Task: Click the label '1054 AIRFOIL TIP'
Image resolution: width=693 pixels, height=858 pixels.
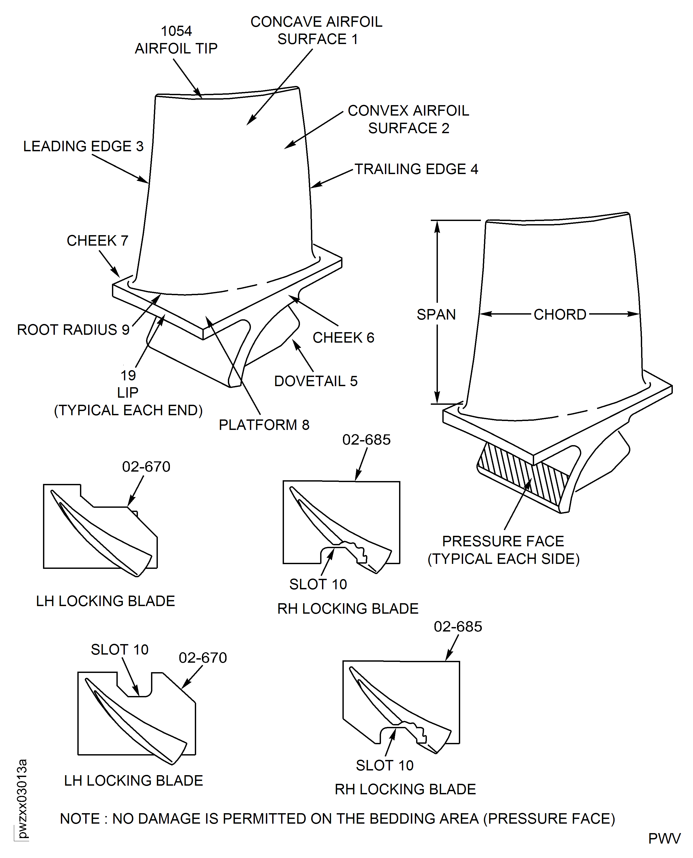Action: point(176,40)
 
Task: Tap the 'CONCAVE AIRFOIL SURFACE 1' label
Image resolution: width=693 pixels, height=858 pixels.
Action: point(316,31)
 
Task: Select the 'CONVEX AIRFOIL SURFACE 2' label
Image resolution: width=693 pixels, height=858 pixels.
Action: point(408,119)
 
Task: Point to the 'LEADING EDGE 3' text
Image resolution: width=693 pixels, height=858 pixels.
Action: point(83,147)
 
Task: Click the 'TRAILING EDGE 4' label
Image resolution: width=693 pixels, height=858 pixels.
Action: point(416,169)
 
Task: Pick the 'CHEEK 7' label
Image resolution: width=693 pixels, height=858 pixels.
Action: point(97,241)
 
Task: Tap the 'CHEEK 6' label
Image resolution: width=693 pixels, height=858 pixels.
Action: point(343,338)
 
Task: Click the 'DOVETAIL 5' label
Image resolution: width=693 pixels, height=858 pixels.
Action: point(316,381)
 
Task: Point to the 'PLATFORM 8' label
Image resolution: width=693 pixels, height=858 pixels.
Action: point(264,425)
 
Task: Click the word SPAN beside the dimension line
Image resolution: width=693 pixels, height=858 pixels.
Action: point(436,315)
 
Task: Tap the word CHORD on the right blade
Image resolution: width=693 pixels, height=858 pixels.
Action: point(560,315)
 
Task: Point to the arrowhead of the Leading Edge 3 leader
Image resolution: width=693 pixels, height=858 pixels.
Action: point(147,182)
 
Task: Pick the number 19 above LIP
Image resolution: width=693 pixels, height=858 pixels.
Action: point(128,376)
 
